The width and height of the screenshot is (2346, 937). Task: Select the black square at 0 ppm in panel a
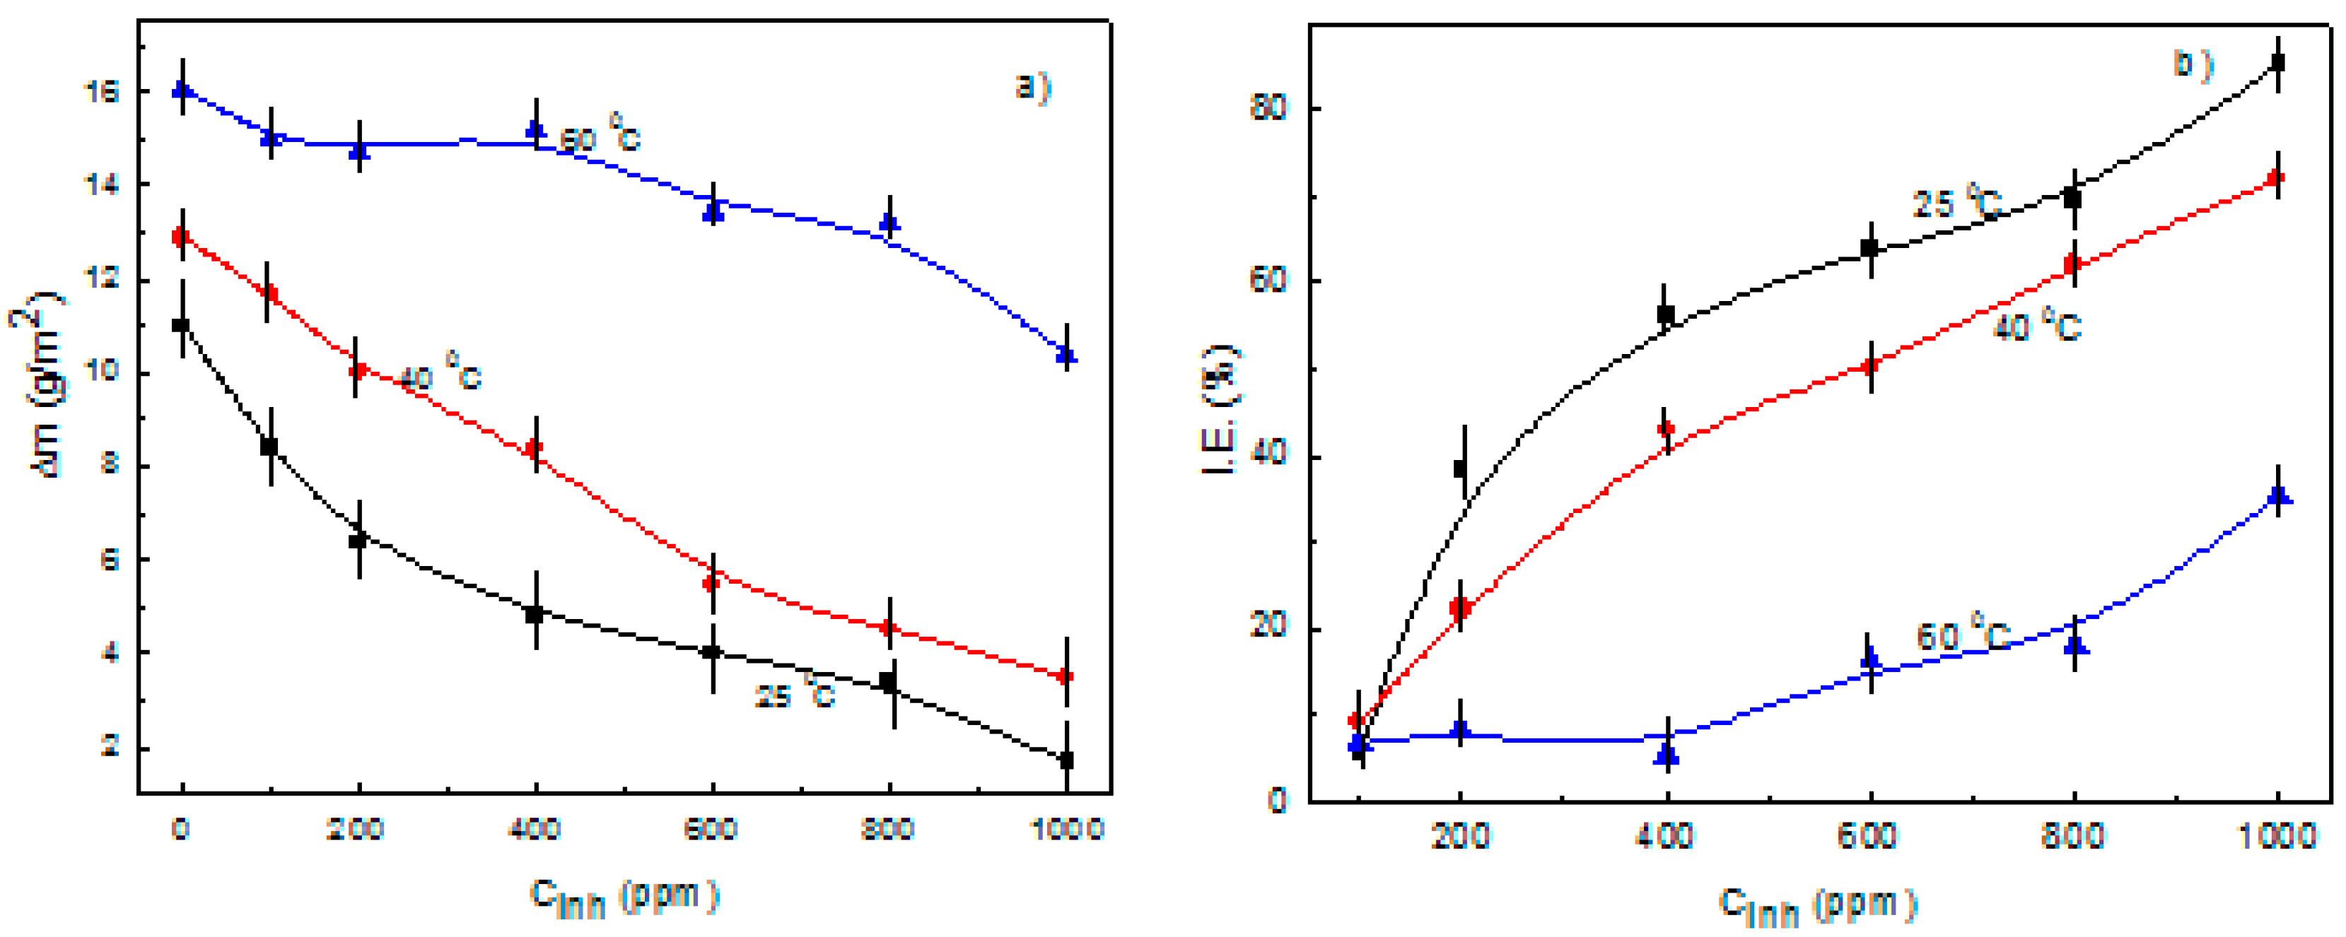click(x=180, y=325)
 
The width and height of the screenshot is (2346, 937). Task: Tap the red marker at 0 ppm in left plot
click(x=180, y=237)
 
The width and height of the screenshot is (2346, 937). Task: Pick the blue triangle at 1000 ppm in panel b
click(x=2277, y=496)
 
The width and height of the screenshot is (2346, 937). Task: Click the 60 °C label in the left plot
click(x=600, y=138)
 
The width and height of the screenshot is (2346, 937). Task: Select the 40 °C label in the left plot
click(x=440, y=375)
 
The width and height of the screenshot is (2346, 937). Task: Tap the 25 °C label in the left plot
click(x=794, y=695)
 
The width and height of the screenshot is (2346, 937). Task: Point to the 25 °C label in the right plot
click(x=1956, y=203)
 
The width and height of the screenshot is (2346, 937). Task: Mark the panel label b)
click(x=2192, y=66)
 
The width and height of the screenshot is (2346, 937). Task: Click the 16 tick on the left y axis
click(x=101, y=92)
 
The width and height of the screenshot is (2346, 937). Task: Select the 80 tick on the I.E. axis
click(x=1268, y=108)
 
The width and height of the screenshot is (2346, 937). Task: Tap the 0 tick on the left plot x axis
click(x=180, y=830)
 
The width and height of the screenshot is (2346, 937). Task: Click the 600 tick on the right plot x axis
click(x=1869, y=835)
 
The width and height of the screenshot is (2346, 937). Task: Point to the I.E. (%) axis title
click(x=1218, y=410)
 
